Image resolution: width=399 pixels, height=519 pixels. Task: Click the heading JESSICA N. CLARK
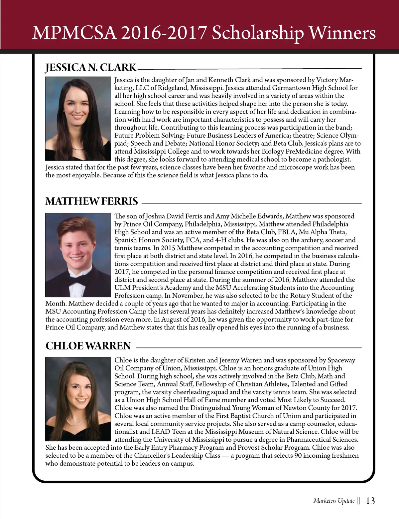(91, 68)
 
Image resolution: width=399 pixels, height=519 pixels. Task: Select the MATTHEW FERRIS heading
(91, 202)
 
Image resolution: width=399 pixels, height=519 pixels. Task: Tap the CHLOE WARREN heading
(88, 346)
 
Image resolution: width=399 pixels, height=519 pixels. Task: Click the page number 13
(370, 501)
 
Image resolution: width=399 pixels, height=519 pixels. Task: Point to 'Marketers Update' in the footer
(334, 501)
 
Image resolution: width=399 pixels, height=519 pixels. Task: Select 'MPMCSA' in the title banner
(74, 33)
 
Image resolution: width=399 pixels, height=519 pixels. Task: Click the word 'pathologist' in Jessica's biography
(332, 160)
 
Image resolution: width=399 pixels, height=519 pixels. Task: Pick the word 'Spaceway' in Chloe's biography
(341, 360)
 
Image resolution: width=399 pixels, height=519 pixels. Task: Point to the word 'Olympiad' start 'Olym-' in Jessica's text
(347, 136)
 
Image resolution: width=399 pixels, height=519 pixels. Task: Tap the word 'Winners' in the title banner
(342, 33)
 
